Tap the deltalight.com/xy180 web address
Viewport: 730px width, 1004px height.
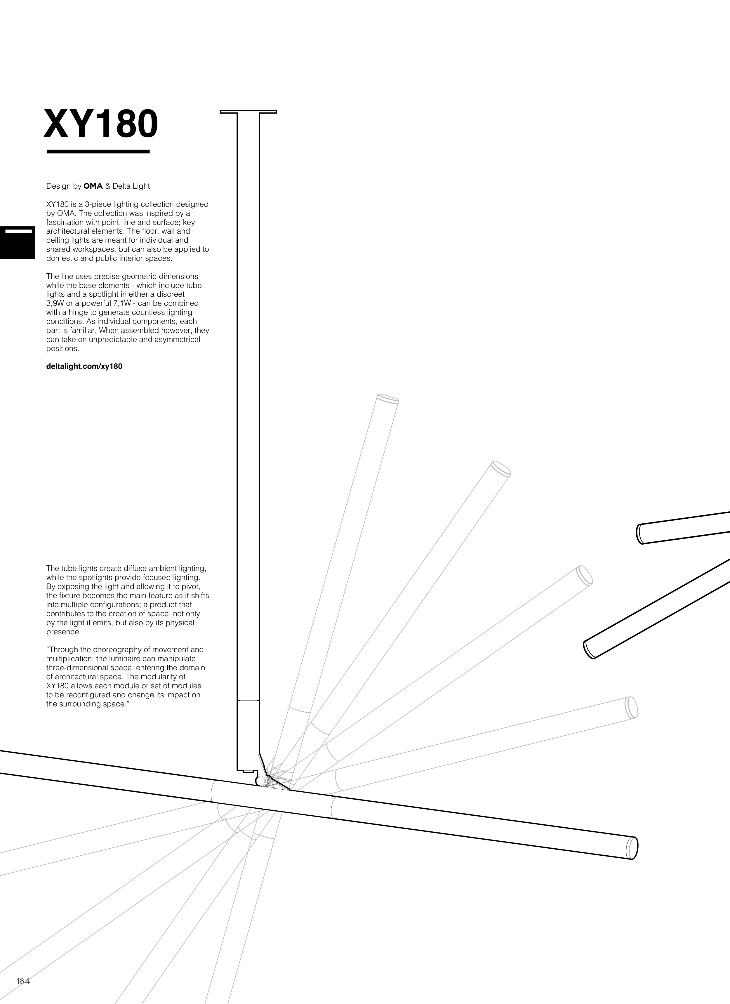coord(84,366)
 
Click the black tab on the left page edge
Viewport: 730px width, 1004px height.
coord(17,243)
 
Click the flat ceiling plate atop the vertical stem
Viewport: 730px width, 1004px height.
coord(248,112)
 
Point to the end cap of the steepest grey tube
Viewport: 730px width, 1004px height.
coord(388,398)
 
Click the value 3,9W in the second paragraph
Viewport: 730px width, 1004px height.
coord(55,303)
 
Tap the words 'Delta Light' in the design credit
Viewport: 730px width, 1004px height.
coord(131,186)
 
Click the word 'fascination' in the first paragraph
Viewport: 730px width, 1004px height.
coord(65,222)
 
